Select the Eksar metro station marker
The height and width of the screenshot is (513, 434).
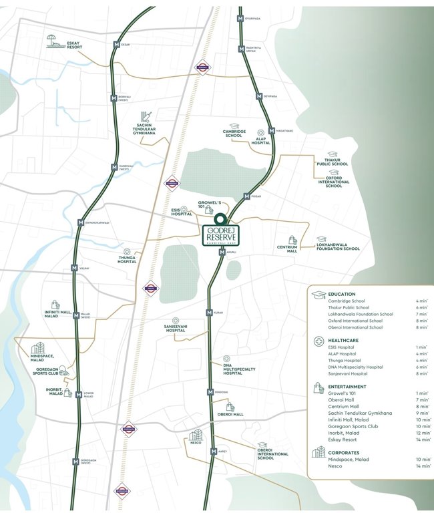pyautogui.click(x=117, y=45)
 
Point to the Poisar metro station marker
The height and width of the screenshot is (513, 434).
pyautogui.click(x=246, y=196)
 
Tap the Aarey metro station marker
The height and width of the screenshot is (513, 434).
pyautogui.click(x=213, y=452)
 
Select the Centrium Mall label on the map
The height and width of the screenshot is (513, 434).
pyautogui.click(x=288, y=250)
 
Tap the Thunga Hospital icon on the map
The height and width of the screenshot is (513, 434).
pyautogui.click(x=127, y=252)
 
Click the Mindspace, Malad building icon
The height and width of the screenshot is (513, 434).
pyautogui.click(x=38, y=349)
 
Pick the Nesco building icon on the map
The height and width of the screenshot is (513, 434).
pyautogui.click(x=195, y=436)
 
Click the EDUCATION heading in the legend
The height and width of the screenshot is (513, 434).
pyautogui.click(x=343, y=294)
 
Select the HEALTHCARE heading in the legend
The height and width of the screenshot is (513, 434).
pyautogui.click(x=345, y=340)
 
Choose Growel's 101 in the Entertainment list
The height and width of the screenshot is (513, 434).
pyautogui.click(x=343, y=394)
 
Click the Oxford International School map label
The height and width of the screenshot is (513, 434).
pyautogui.click(x=334, y=182)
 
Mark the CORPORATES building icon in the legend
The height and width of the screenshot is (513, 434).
pyautogui.click(x=318, y=452)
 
